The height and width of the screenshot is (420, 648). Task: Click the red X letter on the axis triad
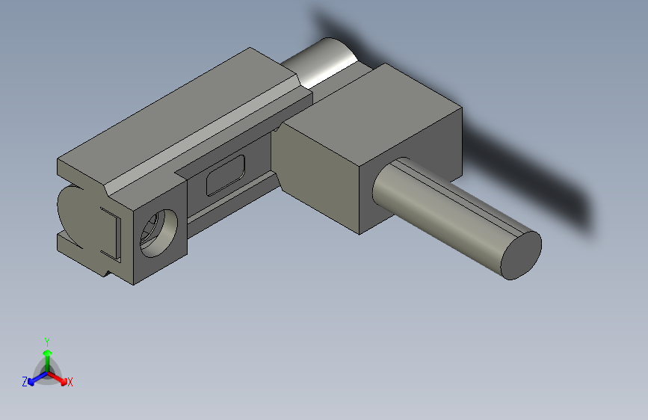70,382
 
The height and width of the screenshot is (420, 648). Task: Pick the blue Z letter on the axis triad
25,382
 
